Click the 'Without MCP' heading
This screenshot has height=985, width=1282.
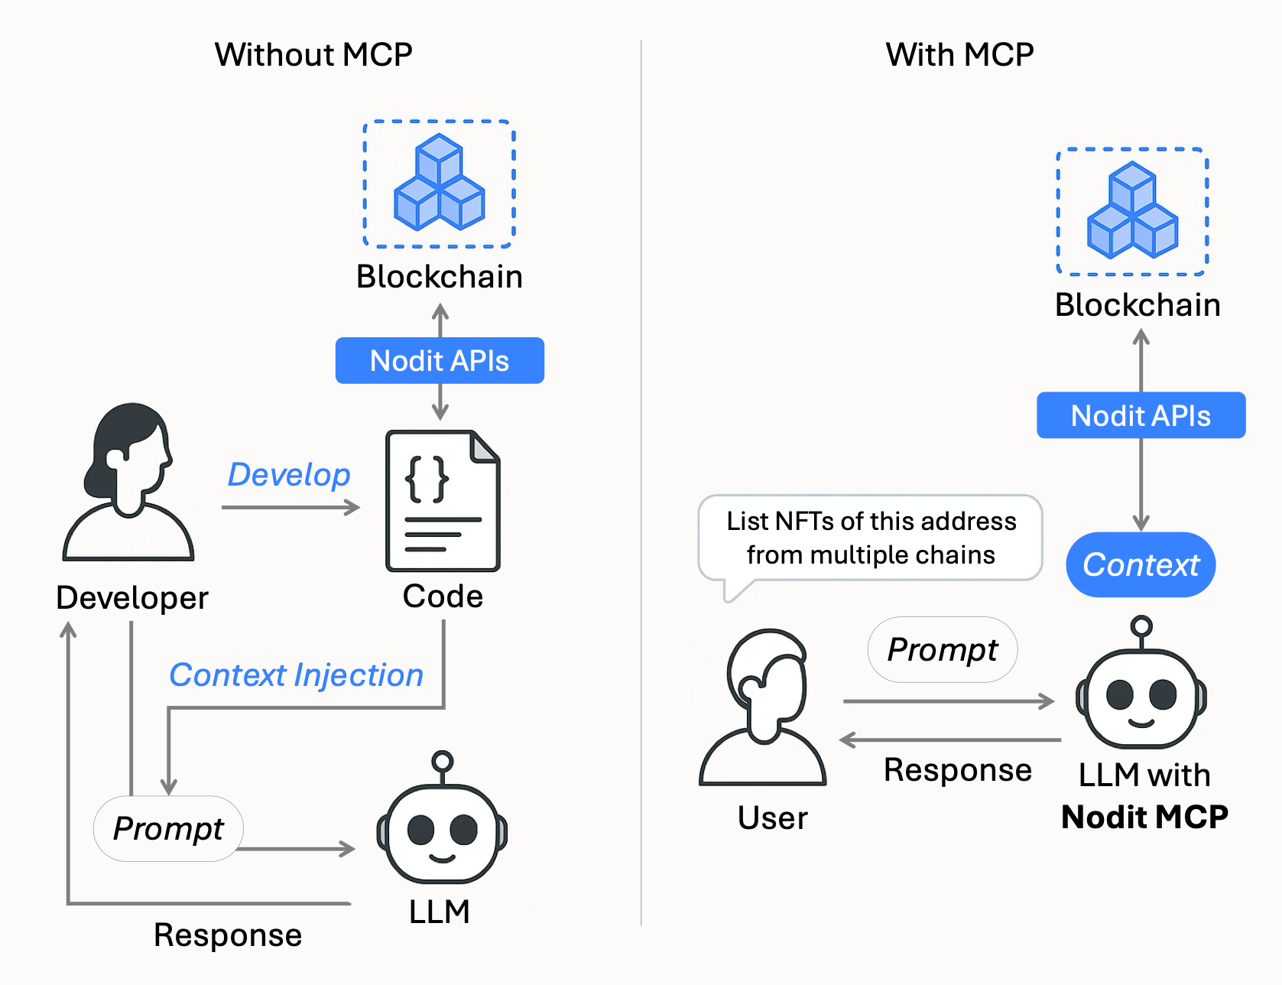coord(313,55)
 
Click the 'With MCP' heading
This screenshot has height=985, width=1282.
coord(959,55)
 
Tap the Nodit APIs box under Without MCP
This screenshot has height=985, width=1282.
coord(440,360)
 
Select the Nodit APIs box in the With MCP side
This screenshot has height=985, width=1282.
coord(1141,415)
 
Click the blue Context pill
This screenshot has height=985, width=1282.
coord(1141,564)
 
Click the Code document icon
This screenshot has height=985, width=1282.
coord(443,501)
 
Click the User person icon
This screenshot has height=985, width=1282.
coord(764,707)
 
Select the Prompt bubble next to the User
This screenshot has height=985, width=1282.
coord(942,649)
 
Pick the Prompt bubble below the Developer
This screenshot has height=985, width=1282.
coord(168,828)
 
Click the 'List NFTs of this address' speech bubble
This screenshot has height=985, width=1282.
coord(871,538)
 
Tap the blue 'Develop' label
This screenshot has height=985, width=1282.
coord(289,475)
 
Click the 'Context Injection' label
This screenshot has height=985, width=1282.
coord(296,675)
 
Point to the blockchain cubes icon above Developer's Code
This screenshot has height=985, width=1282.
coord(439,184)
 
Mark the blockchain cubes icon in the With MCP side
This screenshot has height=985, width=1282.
coord(1132,211)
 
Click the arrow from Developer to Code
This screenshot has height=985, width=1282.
coord(290,507)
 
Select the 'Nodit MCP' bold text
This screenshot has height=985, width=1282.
coord(1144,817)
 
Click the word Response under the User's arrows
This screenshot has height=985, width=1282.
coord(957,770)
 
